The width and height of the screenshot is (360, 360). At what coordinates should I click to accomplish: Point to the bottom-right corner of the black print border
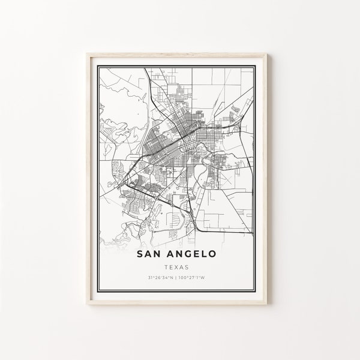pyautogui.click(x=263, y=294)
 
